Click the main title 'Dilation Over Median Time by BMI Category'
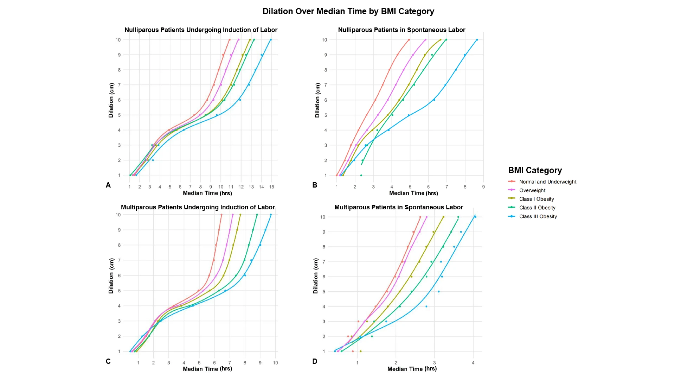(x=348, y=11)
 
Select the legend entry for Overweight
(x=532, y=190)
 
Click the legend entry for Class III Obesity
(x=538, y=216)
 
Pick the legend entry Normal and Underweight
(x=548, y=182)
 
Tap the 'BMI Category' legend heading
(x=535, y=170)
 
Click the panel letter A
(x=108, y=185)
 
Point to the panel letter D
(x=315, y=361)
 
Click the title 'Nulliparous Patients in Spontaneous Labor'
(x=401, y=30)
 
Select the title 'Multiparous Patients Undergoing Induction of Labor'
(x=198, y=207)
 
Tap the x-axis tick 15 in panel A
(x=271, y=187)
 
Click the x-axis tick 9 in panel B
(x=483, y=187)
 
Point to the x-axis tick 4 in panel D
(x=473, y=363)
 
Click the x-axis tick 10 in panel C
(x=275, y=363)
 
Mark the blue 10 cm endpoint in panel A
(x=271, y=40)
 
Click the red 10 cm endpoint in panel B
(x=409, y=40)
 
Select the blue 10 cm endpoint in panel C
(x=271, y=215)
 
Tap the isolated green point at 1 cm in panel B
(x=361, y=175)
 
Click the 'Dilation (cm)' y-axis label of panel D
(x=315, y=276)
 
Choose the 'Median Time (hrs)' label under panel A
(x=207, y=193)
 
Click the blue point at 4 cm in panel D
(x=426, y=306)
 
